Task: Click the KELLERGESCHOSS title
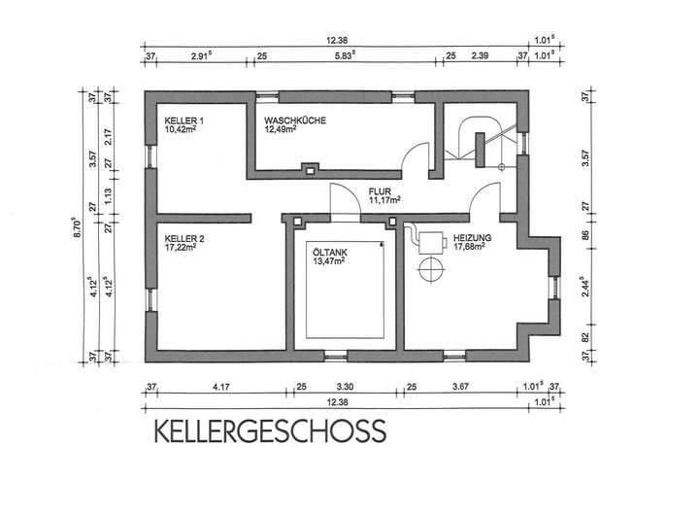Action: pos(267,429)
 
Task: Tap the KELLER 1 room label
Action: pos(184,118)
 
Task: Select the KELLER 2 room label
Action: pos(184,237)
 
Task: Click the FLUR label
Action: pos(380,191)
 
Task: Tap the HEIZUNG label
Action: pos(471,237)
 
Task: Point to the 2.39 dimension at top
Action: pos(479,56)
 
